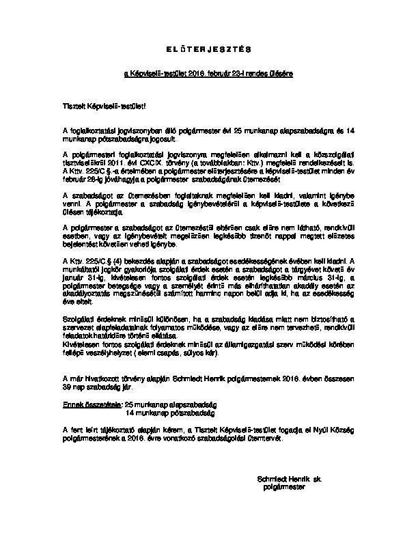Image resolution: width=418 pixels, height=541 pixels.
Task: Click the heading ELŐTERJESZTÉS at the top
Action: pos(210,49)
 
